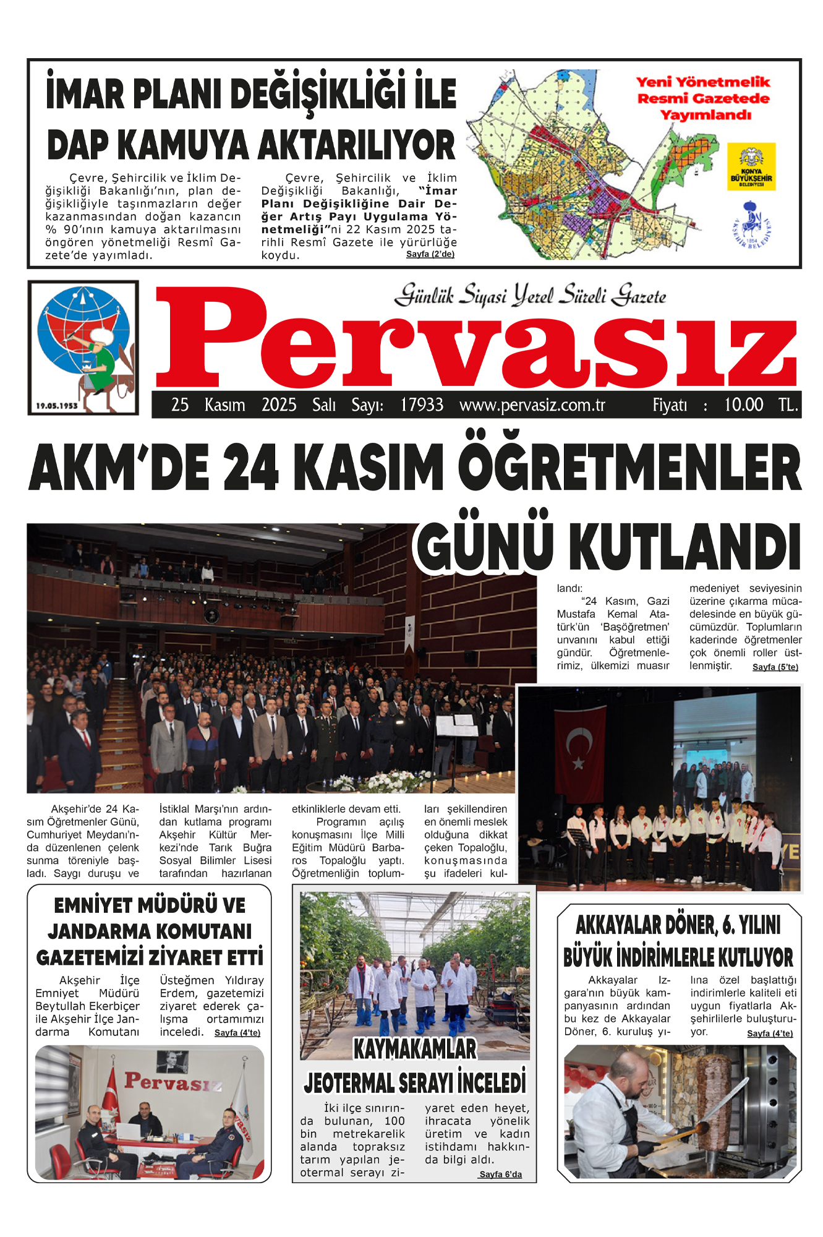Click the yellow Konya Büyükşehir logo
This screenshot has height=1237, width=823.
point(751,166)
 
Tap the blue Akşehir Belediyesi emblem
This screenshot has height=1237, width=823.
point(751,225)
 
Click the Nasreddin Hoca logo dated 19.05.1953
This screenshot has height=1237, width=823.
point(83,347)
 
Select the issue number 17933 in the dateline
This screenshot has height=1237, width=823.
point(422,405)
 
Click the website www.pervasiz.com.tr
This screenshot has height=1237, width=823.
point(532,405)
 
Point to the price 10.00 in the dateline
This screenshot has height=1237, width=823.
point(743,405)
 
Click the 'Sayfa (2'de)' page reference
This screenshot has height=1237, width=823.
point(430,254)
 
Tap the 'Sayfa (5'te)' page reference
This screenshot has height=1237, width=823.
point(775,667)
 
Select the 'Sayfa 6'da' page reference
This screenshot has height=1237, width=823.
point(500,1174)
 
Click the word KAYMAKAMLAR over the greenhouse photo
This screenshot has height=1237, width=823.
point(415,1049)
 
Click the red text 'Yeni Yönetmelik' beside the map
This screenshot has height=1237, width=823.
point(703,82)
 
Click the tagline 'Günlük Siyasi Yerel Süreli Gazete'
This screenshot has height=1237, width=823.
point(531,295)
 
